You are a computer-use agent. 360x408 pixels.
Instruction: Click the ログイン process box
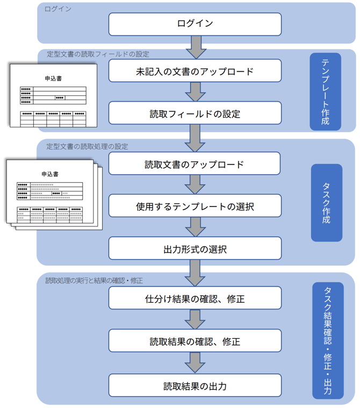click(195, 24)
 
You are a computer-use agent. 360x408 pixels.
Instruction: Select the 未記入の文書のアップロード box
click(195, 71)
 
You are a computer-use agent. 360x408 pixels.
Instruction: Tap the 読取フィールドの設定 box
click(195, 113)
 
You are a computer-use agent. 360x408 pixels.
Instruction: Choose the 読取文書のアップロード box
click(195, 164)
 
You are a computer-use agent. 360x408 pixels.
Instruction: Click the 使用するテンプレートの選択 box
click(195, 206)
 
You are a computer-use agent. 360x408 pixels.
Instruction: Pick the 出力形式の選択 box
click(195, 249)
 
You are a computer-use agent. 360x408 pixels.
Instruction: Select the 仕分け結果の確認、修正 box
click(195, 298)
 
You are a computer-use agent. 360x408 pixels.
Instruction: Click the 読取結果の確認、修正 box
click(195, 341)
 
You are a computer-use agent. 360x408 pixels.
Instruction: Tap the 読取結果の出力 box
click(195, 385)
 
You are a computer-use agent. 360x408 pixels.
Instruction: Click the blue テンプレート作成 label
click(326, 92)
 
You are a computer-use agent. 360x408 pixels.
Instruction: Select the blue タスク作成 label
click(326, 203)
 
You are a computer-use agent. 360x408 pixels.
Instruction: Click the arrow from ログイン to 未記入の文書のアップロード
click(195, 47)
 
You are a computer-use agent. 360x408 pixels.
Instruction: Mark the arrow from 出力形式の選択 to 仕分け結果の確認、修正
click(195, 273)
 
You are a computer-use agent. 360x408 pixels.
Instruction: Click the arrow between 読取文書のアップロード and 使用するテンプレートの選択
click(195, 185)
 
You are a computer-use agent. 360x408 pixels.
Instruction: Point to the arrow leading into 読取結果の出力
click(195, 363)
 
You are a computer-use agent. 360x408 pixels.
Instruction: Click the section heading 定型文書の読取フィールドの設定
click(98, 54)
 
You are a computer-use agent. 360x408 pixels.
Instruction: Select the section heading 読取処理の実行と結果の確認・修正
click(94, 280)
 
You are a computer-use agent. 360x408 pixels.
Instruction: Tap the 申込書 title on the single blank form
click(53, 78)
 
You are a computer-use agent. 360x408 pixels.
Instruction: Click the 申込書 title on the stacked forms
click(49, 174)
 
